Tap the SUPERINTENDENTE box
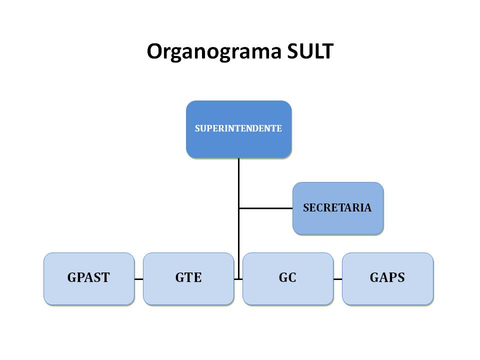(238, 142)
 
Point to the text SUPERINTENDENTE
(238, 128)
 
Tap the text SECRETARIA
(337, 208)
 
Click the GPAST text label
(88, 278)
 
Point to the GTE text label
(188, 278)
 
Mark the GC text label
(287, 278)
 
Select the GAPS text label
(387, 278)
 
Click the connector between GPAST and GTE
(138, 279)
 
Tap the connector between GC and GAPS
(337, 279)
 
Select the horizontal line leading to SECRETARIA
(265, 208)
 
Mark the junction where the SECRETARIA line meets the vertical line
(239, 208)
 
